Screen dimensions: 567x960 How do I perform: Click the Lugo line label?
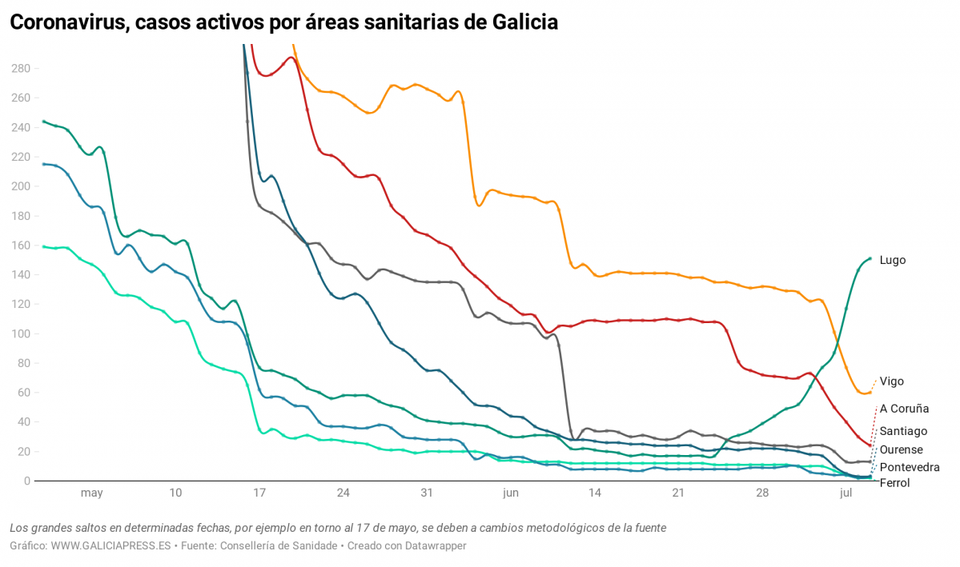(x=892, y=260)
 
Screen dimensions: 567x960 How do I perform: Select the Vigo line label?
(x=891, y=381)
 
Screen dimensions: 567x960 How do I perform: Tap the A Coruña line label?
(x=904, y=409)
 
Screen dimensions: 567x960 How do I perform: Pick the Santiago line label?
(x=903, y=431)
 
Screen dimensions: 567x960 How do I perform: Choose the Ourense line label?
(x=901, y=449)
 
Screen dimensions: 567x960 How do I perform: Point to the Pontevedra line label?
(x=909, y=467)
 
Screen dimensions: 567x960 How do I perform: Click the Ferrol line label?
(x=894, y=482)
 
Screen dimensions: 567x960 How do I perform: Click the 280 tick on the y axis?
(x=20, y=69)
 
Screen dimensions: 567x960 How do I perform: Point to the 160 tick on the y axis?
(x=20, y=246)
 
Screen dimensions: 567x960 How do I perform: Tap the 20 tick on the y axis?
(x=23, y=452)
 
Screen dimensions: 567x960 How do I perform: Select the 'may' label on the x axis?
(x=91, y=493)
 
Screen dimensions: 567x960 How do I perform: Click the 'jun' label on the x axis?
(x=510, y=493)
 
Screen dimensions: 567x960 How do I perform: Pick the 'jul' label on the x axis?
(x=845, y=493)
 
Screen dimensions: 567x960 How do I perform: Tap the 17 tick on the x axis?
(x=259, y=493)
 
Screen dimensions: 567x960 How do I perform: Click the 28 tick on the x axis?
(x=761, y=493)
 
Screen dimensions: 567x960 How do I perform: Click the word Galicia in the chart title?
(x=518, y=23)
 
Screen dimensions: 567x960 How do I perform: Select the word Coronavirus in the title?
(x=66, y=23)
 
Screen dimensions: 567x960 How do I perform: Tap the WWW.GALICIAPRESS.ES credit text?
(x=111, y=545)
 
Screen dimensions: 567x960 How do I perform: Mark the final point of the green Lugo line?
(x=870, y=258)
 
